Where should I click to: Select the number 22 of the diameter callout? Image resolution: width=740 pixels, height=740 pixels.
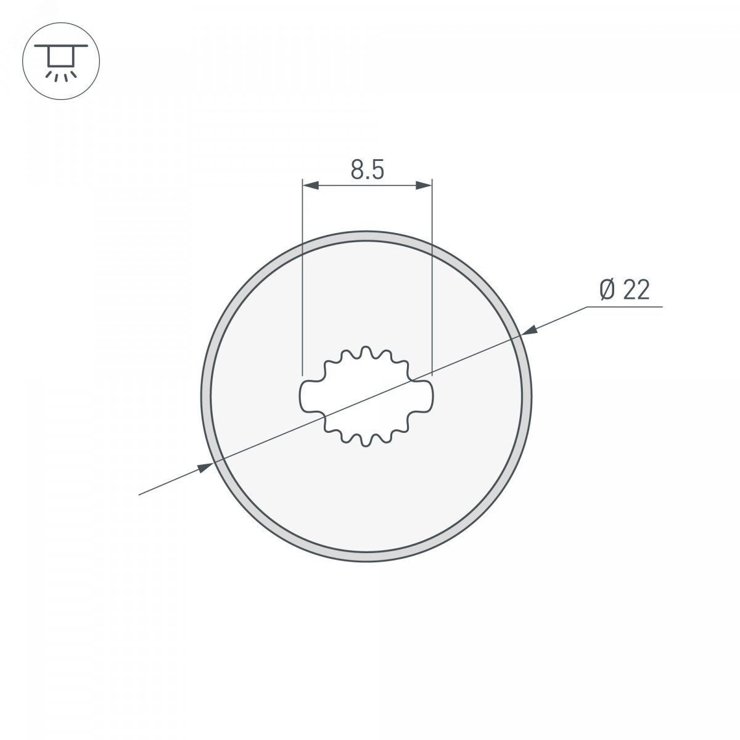coord(636,290)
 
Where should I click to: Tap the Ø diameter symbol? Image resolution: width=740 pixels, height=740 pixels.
coord(608,290)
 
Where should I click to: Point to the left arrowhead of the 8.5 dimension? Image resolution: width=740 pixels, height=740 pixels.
coord(311,186)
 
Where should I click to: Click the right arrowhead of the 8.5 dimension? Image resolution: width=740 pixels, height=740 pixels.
coord(424,186)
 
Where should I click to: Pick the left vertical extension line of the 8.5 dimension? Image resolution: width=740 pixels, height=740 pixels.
coord(303,276)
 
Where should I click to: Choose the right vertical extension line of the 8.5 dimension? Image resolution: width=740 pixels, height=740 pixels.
coord(432,276)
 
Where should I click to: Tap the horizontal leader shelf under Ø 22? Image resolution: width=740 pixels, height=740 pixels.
coord(625,307)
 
